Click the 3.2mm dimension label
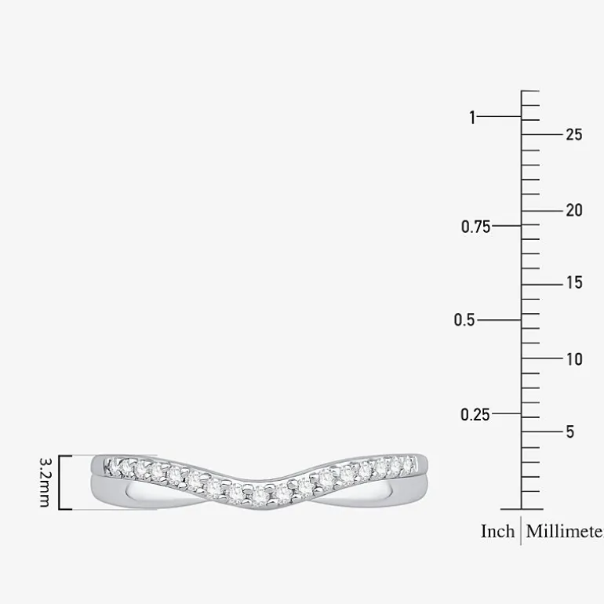(x=45, y=482)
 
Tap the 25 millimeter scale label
(x=574, y=134)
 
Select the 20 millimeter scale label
(x=574, y=210)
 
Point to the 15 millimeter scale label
(x=574, y=282)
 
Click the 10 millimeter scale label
(x=574, y=359)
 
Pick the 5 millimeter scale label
(x=570, y=431)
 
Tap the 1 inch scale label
(x=472, y=117)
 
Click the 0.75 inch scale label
(x=475, y=227)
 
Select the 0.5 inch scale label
(x=464, y=320)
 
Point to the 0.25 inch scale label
(x=475, y=414)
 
